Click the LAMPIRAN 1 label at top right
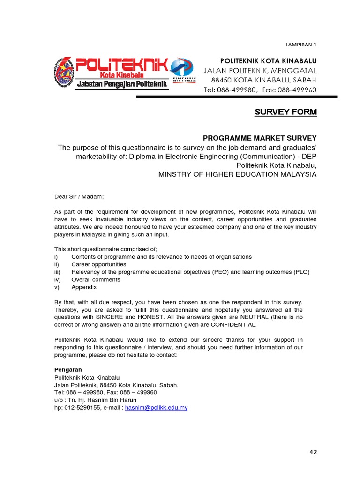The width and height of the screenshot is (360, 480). coord(301,45)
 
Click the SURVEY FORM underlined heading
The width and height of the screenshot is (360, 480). coord(285,112)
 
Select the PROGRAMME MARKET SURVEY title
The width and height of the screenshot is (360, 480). coord(260,138)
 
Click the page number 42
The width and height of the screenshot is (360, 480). coord(313,452)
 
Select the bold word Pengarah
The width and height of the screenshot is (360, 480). coord(68,369)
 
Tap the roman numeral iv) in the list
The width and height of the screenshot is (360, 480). coord(59,279)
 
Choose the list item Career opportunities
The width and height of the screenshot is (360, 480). coord(98,264)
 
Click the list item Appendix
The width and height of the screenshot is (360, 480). coord(84,287)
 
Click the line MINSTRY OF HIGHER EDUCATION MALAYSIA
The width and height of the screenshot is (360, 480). coord(237,174)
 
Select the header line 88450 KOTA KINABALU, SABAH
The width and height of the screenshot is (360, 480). coord(260,80)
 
